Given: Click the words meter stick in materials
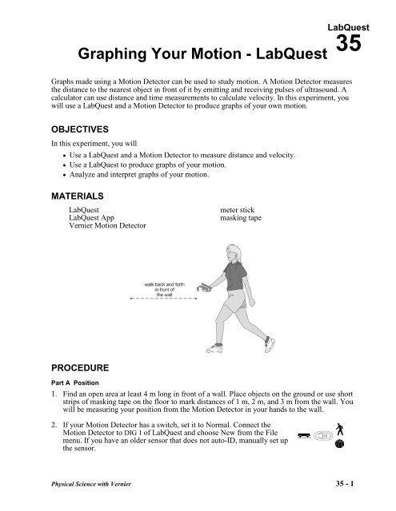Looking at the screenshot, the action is point(238,210).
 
